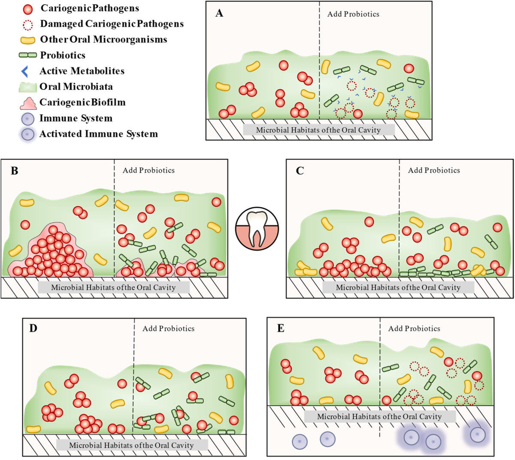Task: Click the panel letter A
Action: pyautogui.click(x=219, y=13)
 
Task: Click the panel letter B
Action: pyautogui.click(x=15, y=171)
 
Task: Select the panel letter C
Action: pyautogui.click(x=300, y=171)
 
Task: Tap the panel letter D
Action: pyautogui.click(x=33, y=329)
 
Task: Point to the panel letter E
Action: pyautogui.click(x=281, y=329)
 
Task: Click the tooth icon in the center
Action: pyautogui.click(x=257, y=228)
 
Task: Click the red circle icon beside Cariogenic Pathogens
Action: pyautogui.click(x=28, y=9)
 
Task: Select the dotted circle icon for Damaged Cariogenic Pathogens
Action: pyautogui.click(x=28, y=24)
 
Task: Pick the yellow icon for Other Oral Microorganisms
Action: pyautogui.click(x=28, y=40)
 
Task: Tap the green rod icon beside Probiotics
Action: pyautogui.click(x=28, y=55)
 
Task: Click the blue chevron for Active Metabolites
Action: pyautogui.click(x=25, y=71)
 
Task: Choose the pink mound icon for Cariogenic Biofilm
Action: pyautogui.click(x=28, y=103)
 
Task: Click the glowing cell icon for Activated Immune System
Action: pyautogui.click(x=28, y=134)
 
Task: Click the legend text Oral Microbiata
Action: pyautogui.click(x=76, y=87)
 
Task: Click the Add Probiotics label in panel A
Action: pyautogui.click(x=353, y=14)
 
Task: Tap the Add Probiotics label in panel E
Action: pyautogui.click(x=414, y=329)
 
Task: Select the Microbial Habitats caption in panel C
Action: pyautogui.click(x=398, y=287)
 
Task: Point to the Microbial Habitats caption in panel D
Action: pyautogui.click(x=131, y=445)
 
